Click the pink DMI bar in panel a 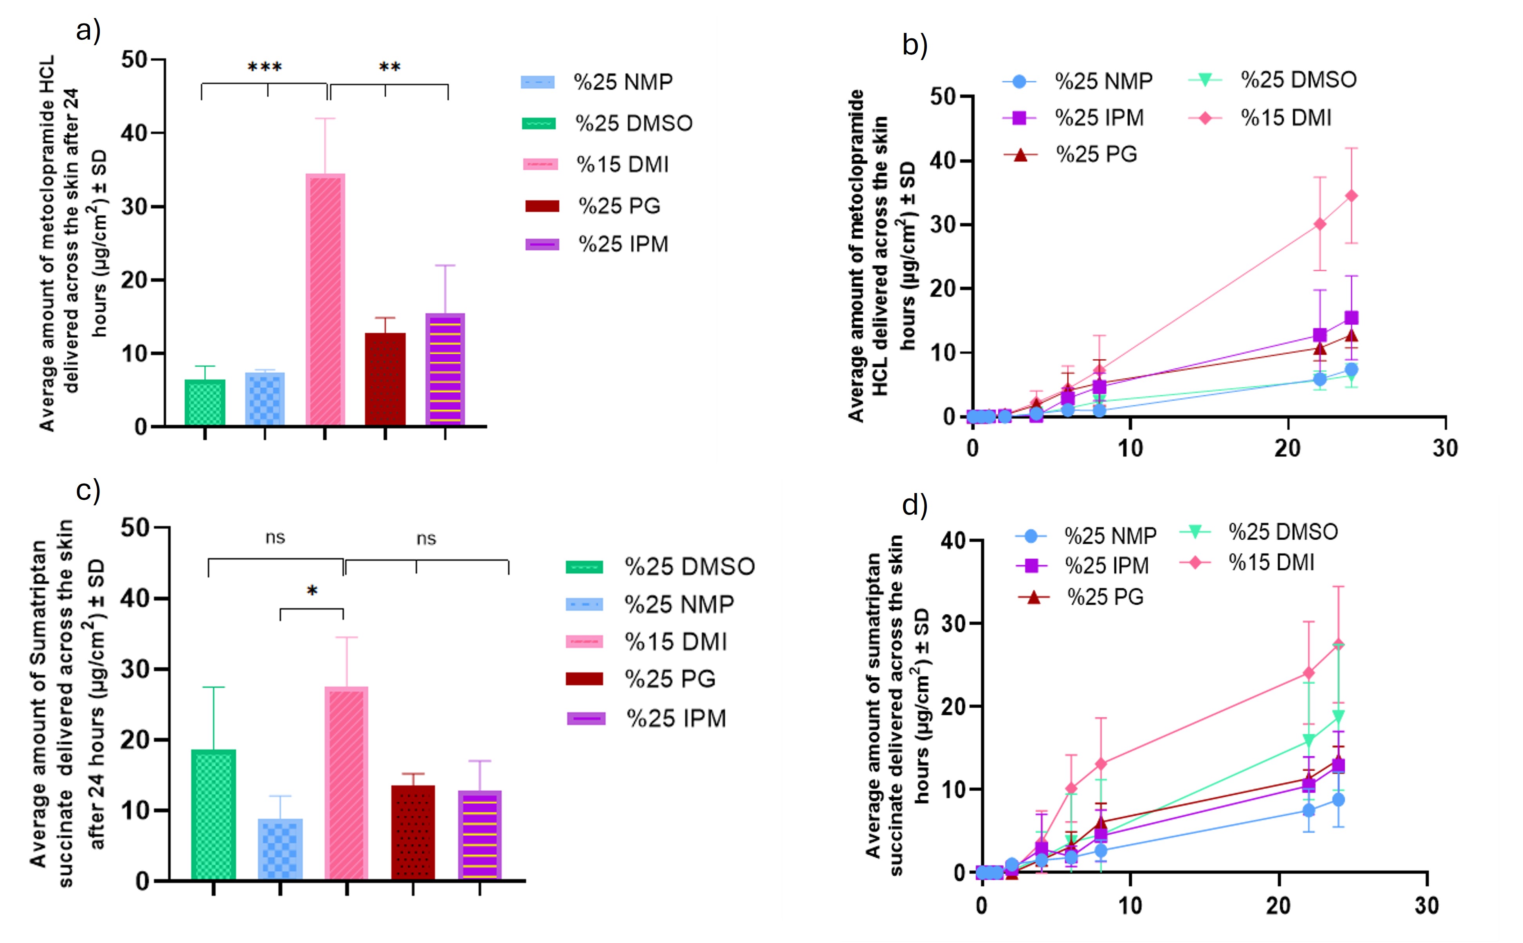coord(325,299)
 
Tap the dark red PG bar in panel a coord(385,379)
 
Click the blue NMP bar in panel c coord(280,849)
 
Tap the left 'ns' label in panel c coord(275,538)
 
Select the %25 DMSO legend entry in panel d coord(1259,532)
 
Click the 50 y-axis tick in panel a coord(135,60)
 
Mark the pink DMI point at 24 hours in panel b coord(1351,196)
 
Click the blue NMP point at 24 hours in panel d coord(1338,800)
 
